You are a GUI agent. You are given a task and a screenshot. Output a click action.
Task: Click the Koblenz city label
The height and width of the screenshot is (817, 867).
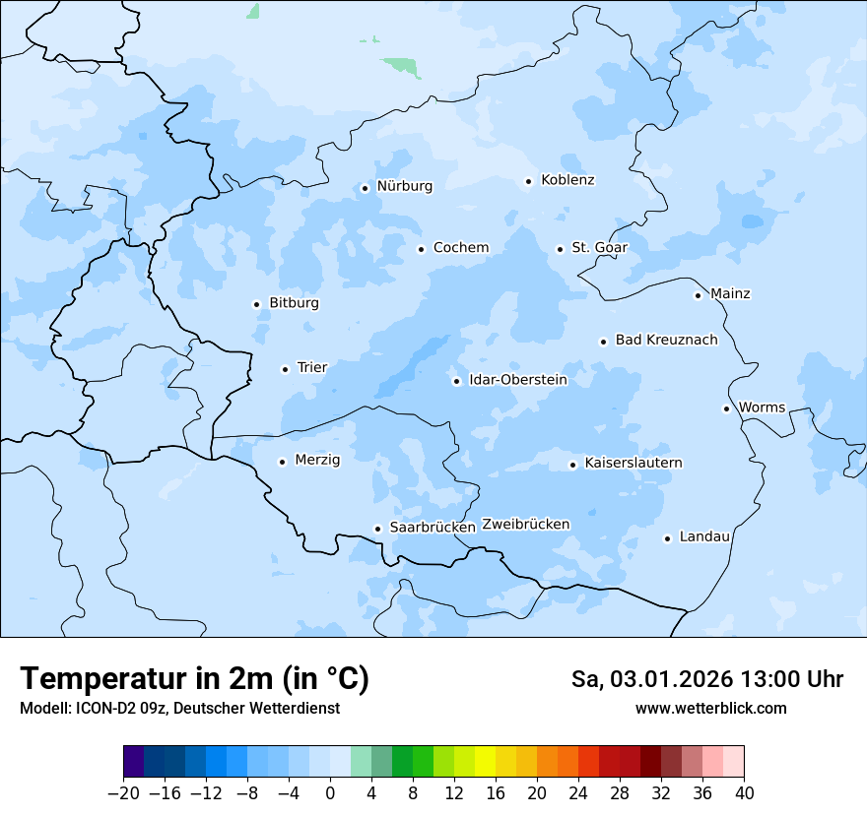567,180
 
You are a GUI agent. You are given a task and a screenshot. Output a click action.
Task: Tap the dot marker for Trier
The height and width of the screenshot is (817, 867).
285,369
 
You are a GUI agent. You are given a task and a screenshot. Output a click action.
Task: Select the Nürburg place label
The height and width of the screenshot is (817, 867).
404,186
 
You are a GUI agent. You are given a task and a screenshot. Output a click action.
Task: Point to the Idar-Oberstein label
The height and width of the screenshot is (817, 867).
518,379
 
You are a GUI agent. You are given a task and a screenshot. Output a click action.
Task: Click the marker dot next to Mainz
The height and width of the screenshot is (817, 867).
698,295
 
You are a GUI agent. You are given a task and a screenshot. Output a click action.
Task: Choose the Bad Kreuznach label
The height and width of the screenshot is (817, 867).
666,340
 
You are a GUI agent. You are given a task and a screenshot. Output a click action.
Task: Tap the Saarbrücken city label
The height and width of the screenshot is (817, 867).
433,527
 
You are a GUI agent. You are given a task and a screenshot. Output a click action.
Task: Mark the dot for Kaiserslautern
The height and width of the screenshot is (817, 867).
572,465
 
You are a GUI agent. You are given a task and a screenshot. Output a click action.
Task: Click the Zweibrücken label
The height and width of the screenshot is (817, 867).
526,524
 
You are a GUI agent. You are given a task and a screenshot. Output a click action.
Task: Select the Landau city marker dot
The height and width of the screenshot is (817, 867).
667,538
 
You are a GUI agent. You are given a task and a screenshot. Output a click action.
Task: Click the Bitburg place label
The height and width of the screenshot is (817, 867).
294,303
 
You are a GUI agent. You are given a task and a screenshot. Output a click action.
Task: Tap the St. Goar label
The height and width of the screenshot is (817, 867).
599,247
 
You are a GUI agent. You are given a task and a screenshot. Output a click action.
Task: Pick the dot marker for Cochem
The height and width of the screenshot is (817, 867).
421,249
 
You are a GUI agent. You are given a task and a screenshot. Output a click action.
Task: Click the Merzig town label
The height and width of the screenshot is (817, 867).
317,460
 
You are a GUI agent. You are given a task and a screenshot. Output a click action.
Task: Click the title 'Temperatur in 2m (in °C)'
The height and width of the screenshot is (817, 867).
194,678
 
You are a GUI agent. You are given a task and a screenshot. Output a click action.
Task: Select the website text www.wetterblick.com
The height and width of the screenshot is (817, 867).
710,708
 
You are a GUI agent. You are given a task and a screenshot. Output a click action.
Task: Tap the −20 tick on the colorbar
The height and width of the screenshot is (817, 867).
123,792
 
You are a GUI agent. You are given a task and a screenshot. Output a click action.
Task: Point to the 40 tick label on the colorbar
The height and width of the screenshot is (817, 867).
744,792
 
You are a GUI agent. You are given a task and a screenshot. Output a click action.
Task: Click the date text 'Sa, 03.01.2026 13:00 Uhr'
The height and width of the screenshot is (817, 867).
706,679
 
